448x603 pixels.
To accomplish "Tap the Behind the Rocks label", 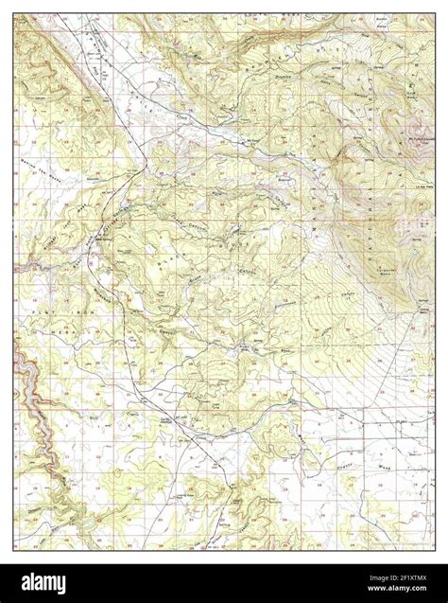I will click(38, 195).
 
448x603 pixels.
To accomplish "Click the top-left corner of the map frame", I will click(13, 13).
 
